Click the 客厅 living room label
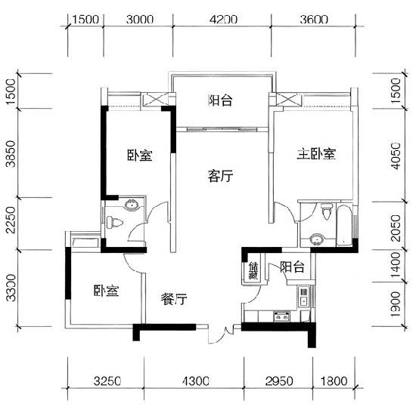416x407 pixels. [x=220, y=176]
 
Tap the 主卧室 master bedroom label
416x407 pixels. [x=316, y=154]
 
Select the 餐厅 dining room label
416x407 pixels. [x=174, y=299]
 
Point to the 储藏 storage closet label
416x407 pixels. [x=253, y=270]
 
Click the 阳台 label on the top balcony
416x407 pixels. [x=220, y=100]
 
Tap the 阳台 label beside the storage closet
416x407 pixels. [x=292, y=267]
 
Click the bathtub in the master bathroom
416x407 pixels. [x=344, y=225]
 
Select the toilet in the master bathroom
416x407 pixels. [x=327, y=211]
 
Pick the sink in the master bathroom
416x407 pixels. [x=316, y=239]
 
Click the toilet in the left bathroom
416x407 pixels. [x=114, y=223]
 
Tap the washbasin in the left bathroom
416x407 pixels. [x=131, y=205]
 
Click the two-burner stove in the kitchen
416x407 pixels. [x=281, y=316]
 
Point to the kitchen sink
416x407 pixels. [x=303, y=297]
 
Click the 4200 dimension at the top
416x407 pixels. [x=223, y=20]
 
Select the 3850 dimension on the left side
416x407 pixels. [x=11, y=154]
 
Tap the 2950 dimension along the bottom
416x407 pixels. [x=279, y=381]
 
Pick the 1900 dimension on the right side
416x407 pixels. [x=396, y=304]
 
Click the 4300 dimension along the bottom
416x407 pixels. [x=196, y=381]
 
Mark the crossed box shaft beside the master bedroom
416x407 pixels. [x=289, y=100]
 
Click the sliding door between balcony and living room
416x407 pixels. [x=222, y=129]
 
